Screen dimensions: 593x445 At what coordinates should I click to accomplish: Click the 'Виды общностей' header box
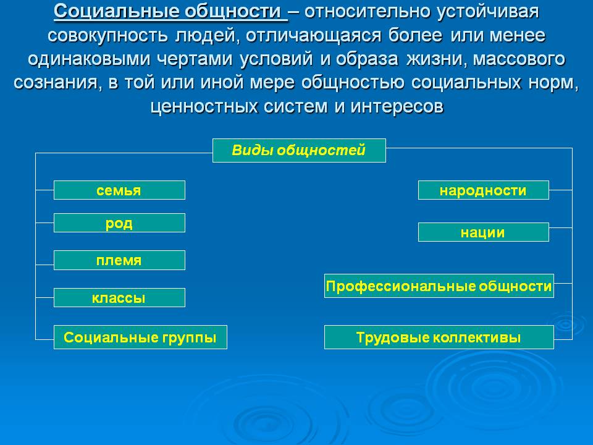coord(299,150)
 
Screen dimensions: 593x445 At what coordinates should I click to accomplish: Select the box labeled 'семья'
coord(119,190)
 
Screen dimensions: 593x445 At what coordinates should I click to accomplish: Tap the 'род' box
coord(119,223)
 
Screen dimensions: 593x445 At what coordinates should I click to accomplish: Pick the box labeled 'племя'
coord(119,260)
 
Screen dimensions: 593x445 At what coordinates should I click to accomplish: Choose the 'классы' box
coord(119,298)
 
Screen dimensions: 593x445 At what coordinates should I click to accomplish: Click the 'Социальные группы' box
coord(140,337)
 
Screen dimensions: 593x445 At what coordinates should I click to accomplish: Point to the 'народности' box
coord(483,190)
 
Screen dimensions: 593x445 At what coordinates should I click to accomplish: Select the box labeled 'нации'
coord(483,232)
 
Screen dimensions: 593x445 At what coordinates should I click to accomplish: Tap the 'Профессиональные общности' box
coord(439,286)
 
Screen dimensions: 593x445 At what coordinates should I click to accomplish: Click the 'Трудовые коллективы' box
coord(439,337)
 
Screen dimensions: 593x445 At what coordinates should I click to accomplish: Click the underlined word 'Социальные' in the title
coord(116,11)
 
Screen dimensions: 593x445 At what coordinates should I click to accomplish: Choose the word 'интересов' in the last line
coord(397,107)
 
